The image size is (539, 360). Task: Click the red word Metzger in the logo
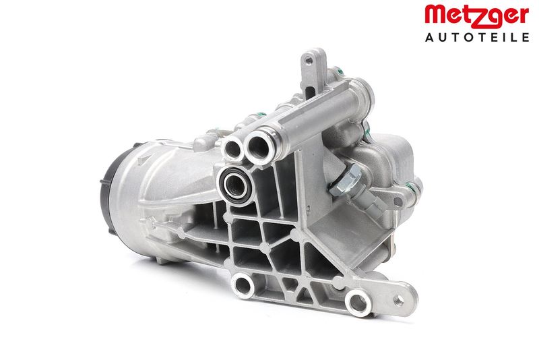pyautogui.click(x=477, y=16)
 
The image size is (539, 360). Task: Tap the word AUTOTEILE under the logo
pyautogui.click(x=477, y=37)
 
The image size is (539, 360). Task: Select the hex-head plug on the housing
pyautogui.click(x=346, y=179)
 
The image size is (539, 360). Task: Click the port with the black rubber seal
pyautogui.click(x=234, y=185)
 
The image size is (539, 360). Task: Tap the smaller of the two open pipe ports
pyautogui.click(x=234, y=148)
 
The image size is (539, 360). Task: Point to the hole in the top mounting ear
pyautogui.click(x=309, y=61)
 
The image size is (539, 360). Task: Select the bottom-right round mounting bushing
pyautogui.click(x=358, y=303)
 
